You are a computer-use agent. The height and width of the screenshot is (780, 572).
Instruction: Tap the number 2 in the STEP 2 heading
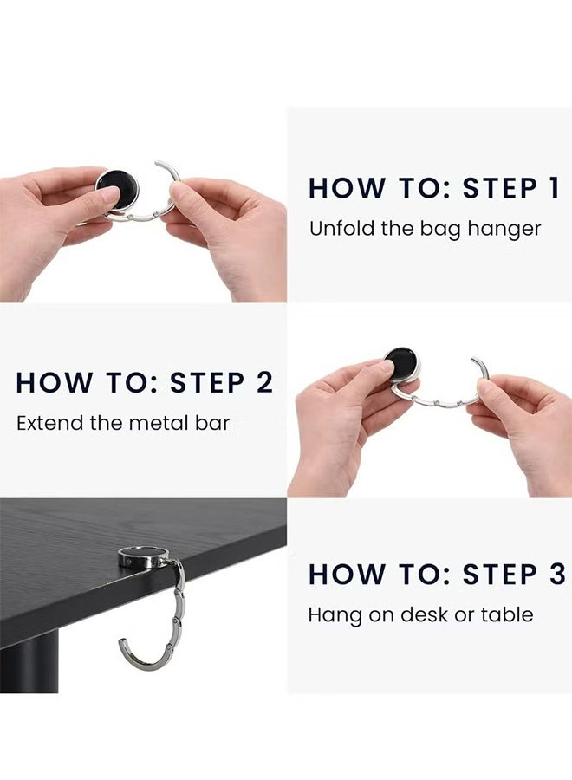[263, 383]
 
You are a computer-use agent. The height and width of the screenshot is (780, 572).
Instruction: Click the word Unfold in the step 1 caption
[335, 229]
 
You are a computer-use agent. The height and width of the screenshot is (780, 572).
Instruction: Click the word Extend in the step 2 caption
[42, 423]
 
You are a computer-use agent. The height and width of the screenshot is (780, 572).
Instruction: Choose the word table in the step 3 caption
[510, 615]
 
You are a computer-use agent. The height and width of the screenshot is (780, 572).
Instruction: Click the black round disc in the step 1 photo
[117, 189]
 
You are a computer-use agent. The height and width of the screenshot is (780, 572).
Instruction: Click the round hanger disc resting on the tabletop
[143, 556]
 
